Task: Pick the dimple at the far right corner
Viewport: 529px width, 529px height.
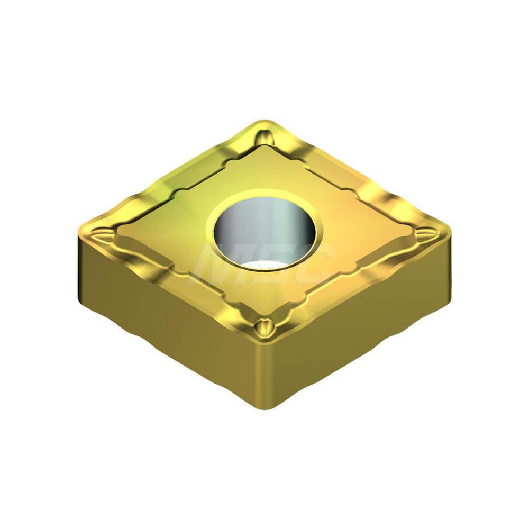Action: (x=437, y=235)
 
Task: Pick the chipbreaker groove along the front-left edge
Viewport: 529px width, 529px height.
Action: (x=180, y=283)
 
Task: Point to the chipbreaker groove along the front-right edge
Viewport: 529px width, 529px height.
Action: (x=352, y=283)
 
